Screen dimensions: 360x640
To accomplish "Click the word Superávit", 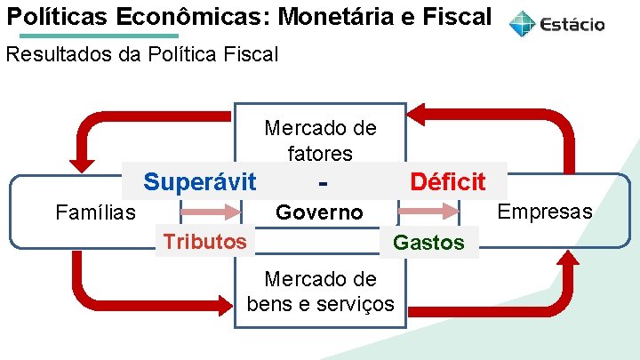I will [199, 182].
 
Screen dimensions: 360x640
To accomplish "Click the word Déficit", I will [447, 182].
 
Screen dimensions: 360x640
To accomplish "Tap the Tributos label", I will [204, 242].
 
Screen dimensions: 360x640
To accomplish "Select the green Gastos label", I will [428, 243].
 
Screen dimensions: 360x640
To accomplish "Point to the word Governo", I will [319, 212].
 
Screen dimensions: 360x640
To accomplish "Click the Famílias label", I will [95, 212].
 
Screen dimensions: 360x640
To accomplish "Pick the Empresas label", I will [544, 212].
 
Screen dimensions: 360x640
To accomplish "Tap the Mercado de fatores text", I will [320, 140].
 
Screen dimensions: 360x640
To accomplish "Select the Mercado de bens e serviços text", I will [320, 292].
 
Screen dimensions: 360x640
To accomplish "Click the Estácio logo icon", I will [522, 24].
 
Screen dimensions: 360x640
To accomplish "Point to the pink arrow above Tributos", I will [212, 212].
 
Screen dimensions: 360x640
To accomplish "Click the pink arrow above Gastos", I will [428, 212].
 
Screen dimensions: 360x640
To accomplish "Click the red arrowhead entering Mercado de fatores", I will [416, 114].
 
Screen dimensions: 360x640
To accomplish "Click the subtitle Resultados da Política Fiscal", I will [142, 54].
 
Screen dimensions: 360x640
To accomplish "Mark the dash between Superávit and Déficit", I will [320, 183].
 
